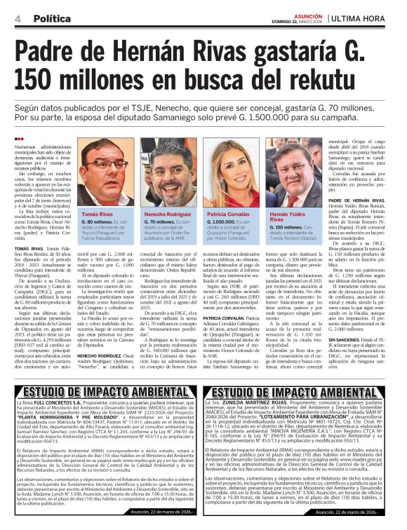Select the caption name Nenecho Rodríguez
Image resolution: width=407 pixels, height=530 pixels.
pos(167,213)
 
